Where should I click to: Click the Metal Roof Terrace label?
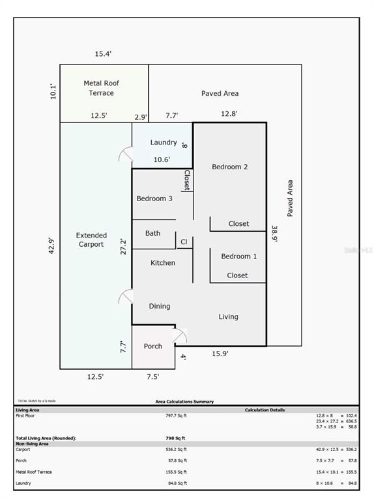coord(102,89)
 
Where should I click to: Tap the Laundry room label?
coord(164,143)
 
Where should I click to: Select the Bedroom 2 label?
coord(229,167)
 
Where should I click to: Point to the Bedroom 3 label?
coord(154,199)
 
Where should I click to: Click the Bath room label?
coord(153,233)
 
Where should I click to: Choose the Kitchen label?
coord(163,263)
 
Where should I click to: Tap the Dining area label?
coord(160,306)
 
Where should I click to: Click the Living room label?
coord(228,317)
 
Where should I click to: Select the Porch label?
coord(153,346)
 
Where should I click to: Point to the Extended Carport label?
coord(91,240)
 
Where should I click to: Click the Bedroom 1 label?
coord(238,257)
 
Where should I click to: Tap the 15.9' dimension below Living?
coord(220,354)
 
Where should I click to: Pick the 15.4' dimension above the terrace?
coord(104,54)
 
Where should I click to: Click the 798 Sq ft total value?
coord(176,438)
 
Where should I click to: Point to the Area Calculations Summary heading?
coord(184,402)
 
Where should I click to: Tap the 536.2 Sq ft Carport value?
coord(176,449)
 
